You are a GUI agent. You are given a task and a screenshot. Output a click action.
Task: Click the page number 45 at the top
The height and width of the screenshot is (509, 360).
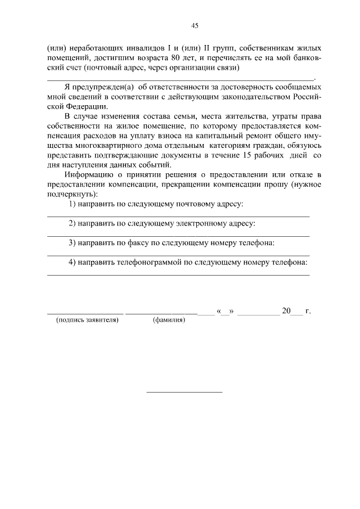pyautogui.click(x=195, y=25)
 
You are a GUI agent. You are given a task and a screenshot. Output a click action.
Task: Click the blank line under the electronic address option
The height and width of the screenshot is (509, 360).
pyautogui.click(x=178, y=236)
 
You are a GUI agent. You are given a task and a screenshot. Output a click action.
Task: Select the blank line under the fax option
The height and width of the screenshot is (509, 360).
pyautogui.click(x=178, y=255)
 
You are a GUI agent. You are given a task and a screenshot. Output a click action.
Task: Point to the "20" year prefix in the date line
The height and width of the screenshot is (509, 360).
pyautogui.click(x=286, y=310)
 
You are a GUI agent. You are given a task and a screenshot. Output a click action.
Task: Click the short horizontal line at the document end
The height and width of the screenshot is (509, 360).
pyautogui.click(x=184, y=391)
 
